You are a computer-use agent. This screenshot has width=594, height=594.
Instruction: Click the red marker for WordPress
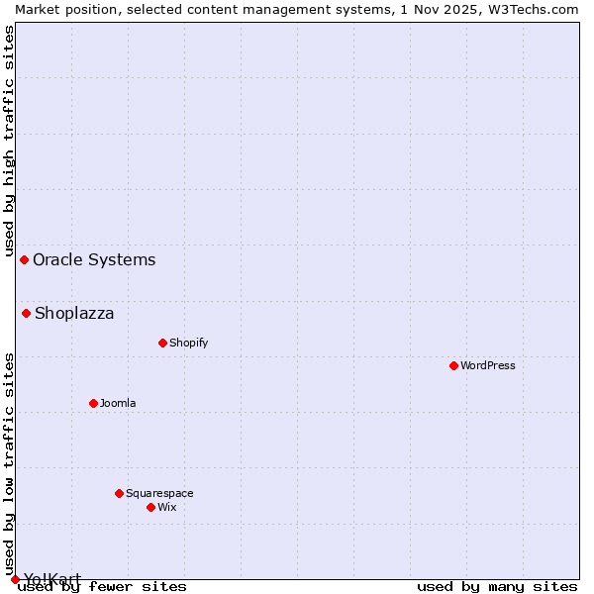pyautogui.click(x=453, y=365)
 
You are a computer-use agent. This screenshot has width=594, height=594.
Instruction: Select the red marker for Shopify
pyautogui.click(x=162, y=343)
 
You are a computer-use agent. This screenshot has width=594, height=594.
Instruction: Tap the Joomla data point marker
pyautogui.click(x=93, y=403)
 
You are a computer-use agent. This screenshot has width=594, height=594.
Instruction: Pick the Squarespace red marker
pyautogui.click(x=119, y=493)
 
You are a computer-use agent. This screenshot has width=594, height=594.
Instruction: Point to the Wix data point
pyautogui.click(x=150, y=507)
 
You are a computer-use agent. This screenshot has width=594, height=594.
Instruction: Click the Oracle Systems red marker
pyautogui.click(x=24, y=259)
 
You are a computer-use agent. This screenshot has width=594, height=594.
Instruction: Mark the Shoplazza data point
pyautogui.click(x=26, y=313)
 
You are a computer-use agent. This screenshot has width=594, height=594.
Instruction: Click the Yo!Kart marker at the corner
pyautogui.click(x=15, y=579)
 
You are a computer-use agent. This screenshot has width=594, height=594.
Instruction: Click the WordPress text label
pyautogui.click(x=488, y=365)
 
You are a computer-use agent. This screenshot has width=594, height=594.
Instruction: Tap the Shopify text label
pyautogui.click(x=188, y=343)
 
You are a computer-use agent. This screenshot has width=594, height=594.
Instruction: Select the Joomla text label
pyautogui.click(x=118, y=403)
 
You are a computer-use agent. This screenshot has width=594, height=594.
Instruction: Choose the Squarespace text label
pyautogui.click(x=159, y=493)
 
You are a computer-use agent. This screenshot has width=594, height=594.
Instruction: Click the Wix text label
pyautogui.click(x=166, y=507)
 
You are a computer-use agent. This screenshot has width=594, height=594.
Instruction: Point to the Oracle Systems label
pyautogui.click(x=94, y=259)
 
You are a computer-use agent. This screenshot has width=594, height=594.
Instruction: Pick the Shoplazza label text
pyautogui.click(x=74, y=313)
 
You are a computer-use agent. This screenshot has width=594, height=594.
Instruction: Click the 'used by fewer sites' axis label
pyautogui.click(x=102, y=586)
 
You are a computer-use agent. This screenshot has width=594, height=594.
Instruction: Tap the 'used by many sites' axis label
pyautogui.click(x=497, y=586)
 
